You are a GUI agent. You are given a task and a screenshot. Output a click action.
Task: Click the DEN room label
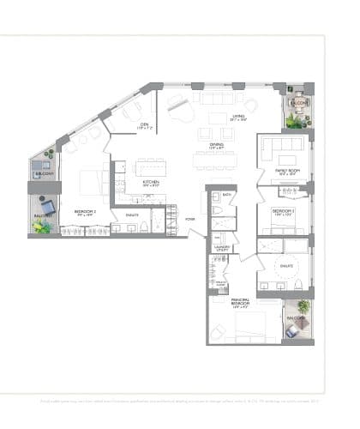pos(146,124)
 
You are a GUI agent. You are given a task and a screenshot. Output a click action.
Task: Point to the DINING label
pos(217,146)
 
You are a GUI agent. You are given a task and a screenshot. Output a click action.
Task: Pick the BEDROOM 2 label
pos(83,211)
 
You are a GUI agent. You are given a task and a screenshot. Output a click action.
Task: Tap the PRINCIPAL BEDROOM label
pos(240,301)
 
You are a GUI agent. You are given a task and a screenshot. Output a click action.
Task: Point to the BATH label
pos(227,196)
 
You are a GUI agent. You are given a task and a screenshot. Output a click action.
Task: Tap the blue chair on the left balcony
pos(49,206)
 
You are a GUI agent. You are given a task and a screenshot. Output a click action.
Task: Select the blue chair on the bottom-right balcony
pos(303,306)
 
